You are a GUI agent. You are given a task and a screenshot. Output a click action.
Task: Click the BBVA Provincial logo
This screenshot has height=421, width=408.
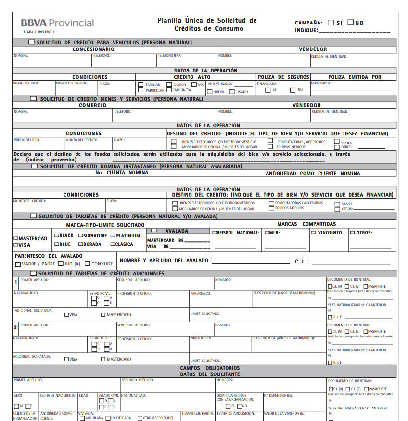tap(57, 23)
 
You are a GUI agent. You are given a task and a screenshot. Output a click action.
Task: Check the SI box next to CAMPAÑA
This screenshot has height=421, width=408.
tap(331, 23)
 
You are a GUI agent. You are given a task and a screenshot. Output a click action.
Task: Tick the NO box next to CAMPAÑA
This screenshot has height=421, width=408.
tap(351, 23)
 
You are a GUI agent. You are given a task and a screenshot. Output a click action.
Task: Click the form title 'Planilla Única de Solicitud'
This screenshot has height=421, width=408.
tap(207, 20)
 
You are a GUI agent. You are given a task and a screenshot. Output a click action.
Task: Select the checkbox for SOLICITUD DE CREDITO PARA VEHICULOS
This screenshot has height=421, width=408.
tap(32, 42)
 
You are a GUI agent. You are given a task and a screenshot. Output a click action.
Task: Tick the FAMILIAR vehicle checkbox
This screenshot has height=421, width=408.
tap(140, 84)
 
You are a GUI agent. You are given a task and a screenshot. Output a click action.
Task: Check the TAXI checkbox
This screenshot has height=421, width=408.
tap(194, 84)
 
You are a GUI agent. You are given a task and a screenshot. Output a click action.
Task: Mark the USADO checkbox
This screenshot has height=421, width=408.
tap(232, 92)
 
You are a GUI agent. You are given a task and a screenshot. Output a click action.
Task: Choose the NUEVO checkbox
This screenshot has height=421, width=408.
tap(209, 92)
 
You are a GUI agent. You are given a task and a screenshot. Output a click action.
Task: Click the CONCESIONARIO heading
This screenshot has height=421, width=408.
tap(93, 49)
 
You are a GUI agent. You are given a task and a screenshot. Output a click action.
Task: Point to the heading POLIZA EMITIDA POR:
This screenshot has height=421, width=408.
tap(355, 77)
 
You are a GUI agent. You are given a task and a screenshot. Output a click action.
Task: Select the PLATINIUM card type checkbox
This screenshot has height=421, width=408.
tap(113, 236)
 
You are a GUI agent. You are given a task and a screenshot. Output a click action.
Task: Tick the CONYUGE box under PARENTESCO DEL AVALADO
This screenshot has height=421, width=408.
tap(88, 264)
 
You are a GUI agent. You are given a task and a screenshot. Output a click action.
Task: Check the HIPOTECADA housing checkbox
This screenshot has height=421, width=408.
tap(108, 418)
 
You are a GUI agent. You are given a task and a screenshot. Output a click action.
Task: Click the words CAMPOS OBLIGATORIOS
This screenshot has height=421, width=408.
tap(210, 368)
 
